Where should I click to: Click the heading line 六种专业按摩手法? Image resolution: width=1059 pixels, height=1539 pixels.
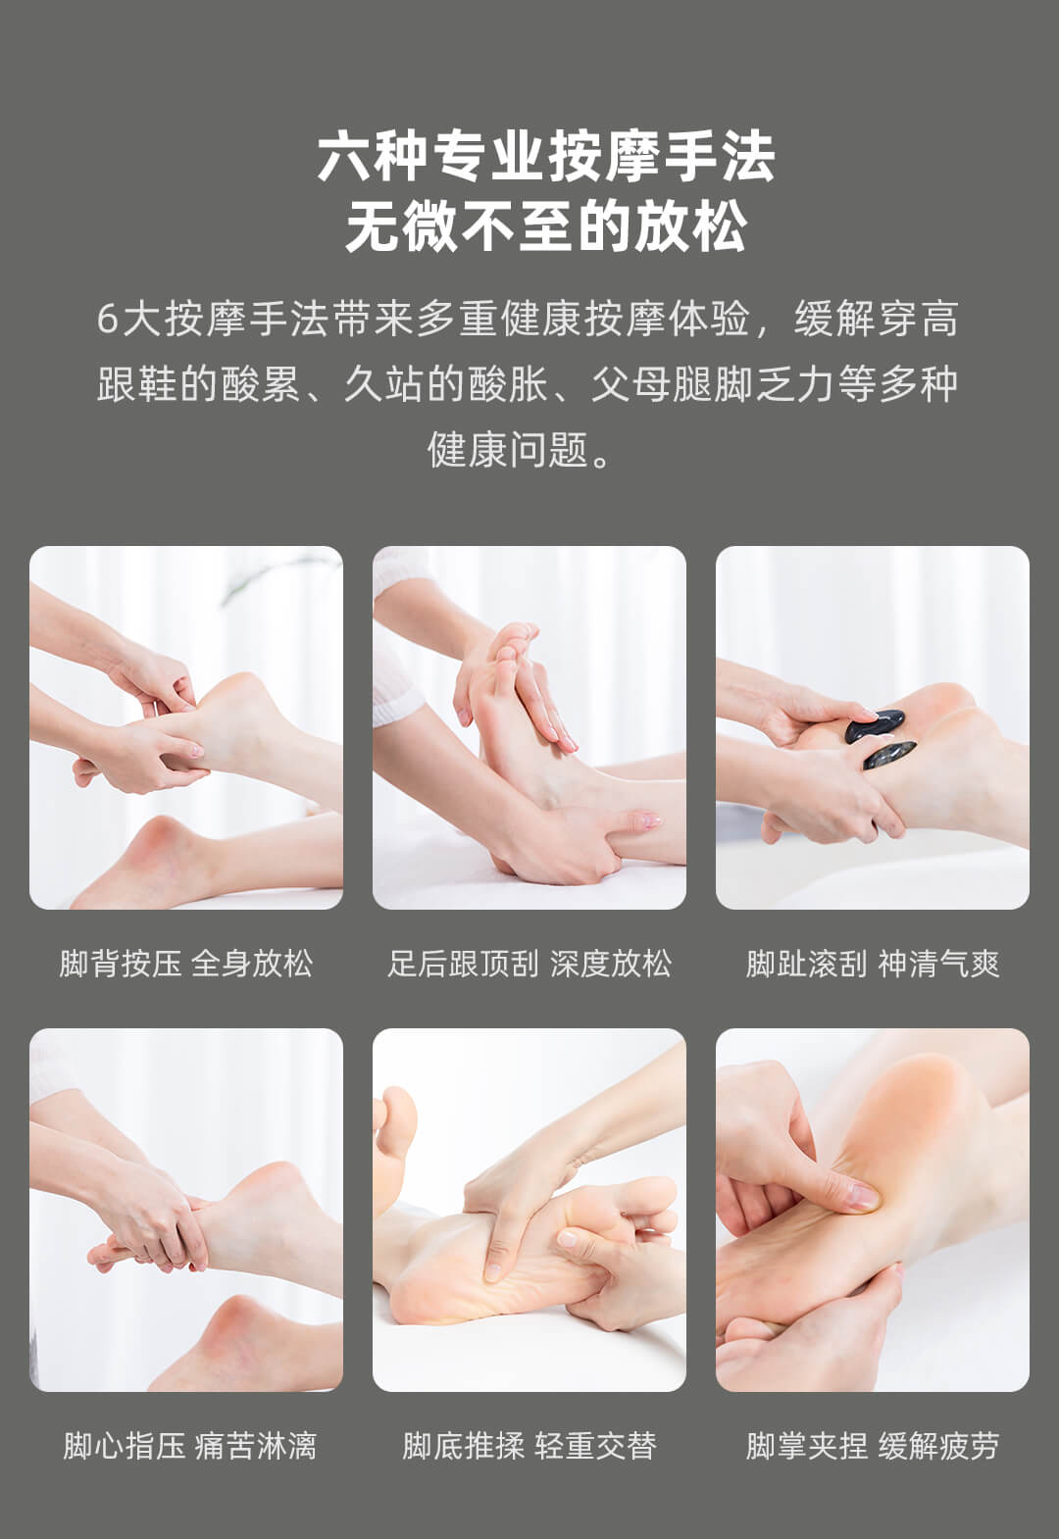546,158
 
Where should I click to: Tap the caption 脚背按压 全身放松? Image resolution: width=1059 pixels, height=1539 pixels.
185,963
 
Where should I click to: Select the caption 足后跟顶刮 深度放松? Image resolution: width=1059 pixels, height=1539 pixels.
529,963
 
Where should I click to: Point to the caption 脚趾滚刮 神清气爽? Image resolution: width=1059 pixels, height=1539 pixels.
873,963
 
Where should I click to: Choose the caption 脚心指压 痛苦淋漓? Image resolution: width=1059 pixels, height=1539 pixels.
189,1445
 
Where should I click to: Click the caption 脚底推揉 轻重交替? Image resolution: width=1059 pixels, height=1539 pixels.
529,1445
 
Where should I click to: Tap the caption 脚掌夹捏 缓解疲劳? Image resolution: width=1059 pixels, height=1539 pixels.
873,1445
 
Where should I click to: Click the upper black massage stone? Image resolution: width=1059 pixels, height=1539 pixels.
875,724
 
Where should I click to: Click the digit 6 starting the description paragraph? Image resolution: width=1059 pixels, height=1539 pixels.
107,319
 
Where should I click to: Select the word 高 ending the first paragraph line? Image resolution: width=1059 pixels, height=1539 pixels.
939,319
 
